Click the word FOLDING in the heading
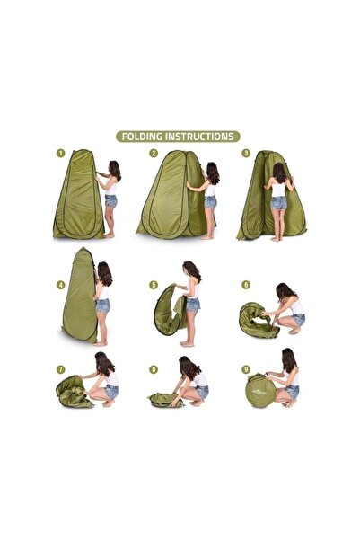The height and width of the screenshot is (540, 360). (x=142, y=137)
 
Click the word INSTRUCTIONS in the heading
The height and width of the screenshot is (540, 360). (x=199, y=137)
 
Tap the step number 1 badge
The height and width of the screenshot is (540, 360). (x=60, y=153)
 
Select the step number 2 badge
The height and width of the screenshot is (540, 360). (x=154, y=153)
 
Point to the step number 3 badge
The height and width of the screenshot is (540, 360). (x=246, y=153)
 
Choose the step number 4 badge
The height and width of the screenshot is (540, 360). (x=60, y=285)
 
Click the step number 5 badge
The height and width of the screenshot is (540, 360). (x=154, y=285)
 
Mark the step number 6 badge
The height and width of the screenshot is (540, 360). (x=246, y=285)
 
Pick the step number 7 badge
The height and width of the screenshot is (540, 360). (x=60, y=369)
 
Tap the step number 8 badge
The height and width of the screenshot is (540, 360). (x=154, y=369)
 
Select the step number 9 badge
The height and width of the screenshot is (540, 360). (x=246, y=369)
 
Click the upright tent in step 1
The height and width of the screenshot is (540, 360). (x=78, y=196)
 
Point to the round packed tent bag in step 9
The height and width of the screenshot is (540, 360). (x=260, y=392)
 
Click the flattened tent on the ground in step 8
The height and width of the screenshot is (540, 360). (x=166, y=400)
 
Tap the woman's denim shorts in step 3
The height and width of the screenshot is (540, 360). (x=278, y=203)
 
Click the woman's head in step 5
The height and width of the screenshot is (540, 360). (x=191, y=270)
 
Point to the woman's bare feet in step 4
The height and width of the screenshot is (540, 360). (x=101, y=343)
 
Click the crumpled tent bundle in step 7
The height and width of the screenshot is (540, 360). (x=73, y=393)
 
